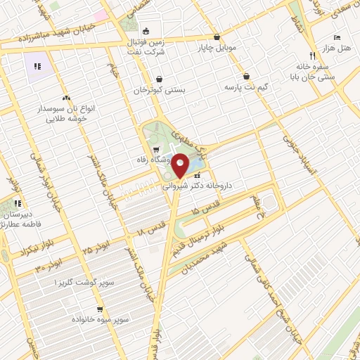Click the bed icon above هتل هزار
click(x=337, y=35)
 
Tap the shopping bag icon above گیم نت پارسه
click(x=247, y=77)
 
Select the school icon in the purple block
click(x=36, y=67)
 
